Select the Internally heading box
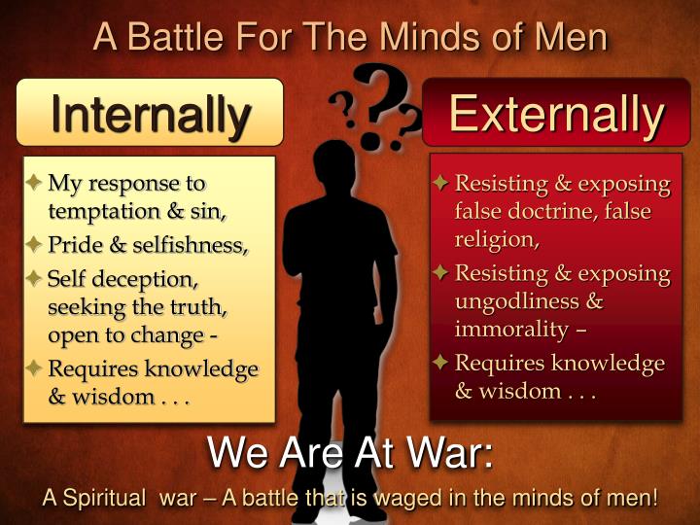(x=151, y=113)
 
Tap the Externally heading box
(x=555, y=114)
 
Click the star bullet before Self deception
(x=34, y=280)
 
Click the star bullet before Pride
(x=34, y=244)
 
